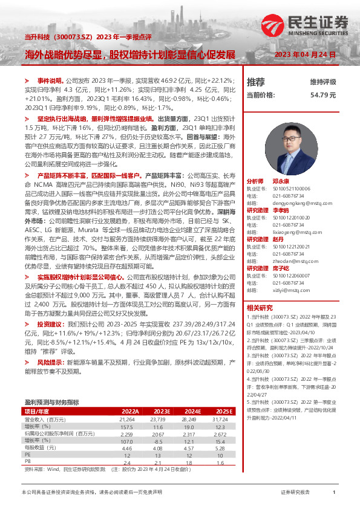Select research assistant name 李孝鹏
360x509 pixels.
coord(281,210)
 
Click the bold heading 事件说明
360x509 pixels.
coord(50,80)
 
